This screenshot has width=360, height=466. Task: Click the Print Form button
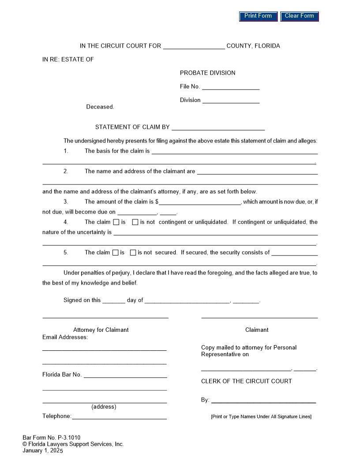pos(258,16)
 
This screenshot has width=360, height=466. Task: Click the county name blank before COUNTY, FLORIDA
pos(194,46)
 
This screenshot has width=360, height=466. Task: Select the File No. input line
pos(230,86)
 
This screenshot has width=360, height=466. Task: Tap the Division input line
pos(230,100)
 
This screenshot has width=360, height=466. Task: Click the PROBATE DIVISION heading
pos(207,73)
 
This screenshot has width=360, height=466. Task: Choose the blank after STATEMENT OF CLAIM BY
pos(218,127)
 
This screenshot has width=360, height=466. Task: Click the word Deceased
pos(100,107)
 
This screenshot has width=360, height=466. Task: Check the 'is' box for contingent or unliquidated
pos(116,222)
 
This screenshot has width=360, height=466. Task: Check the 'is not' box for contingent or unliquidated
pos(135,222)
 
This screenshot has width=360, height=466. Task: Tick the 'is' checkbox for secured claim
pos(115,253)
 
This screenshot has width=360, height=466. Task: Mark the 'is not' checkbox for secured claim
pos(133,253)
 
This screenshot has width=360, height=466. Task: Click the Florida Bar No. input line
pos(125,375)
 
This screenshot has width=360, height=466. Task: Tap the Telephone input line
pos(119,416)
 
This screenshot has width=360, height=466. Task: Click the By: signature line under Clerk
pos(263,400)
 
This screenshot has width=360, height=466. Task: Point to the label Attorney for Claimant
pos(101,330)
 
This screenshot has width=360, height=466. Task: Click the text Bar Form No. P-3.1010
pos(51,438)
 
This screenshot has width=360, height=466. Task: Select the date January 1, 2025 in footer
pos(43,451)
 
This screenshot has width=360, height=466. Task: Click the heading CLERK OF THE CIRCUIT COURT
pos(246,381)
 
